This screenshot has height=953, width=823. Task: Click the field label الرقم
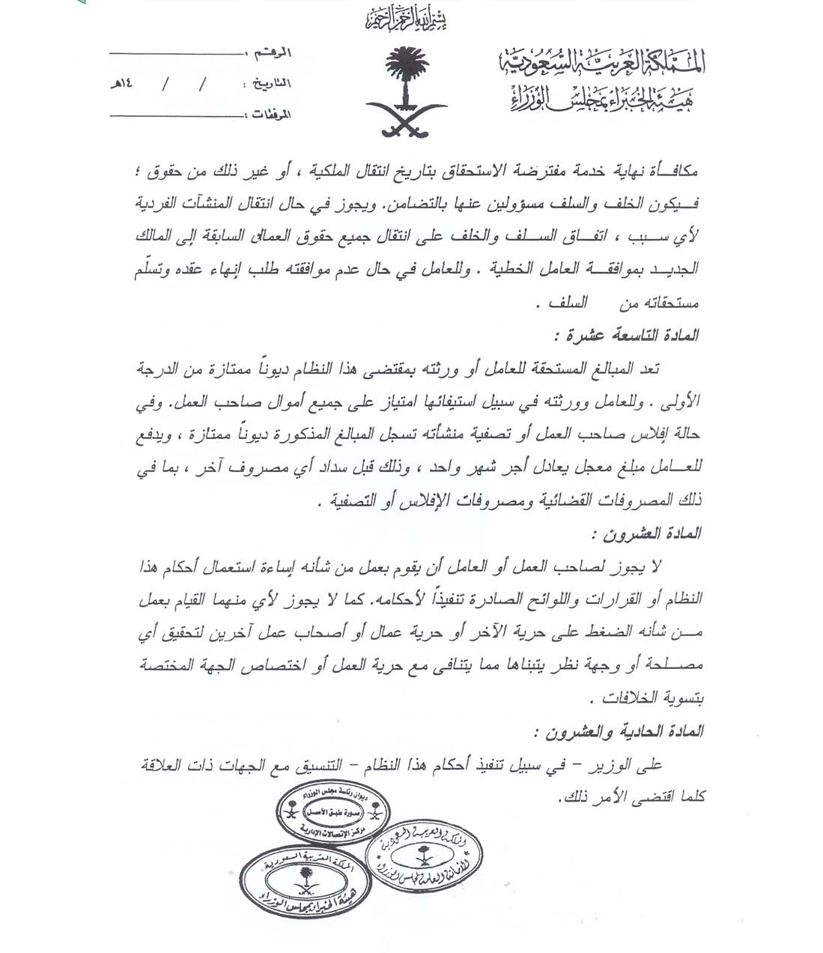(x=273, y=55)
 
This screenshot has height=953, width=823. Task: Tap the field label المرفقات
(x=268, y=115)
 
